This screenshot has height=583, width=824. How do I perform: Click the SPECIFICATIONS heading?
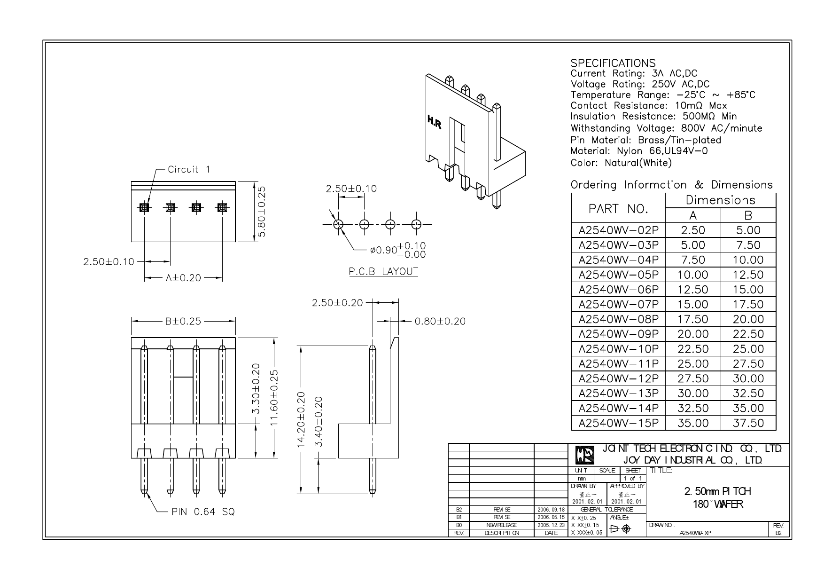click(x=613, y=63)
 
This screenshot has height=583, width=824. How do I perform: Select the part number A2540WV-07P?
click(x=618, y=304)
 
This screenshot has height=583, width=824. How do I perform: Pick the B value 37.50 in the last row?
click(x=748, y=423)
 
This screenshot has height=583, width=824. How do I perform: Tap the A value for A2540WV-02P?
click(x=693, y=230)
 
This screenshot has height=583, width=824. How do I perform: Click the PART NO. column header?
click(x=618, y=209)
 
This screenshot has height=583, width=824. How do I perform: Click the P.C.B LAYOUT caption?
click(x=383, y=272)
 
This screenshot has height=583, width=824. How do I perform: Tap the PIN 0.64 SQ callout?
click(x=203, y=512)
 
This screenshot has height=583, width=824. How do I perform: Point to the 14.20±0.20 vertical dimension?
click(x=302, y=419)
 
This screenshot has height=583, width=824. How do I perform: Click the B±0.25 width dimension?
click(x=183, y=322)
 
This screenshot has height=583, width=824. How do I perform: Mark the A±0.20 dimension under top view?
click(x=183, y=278)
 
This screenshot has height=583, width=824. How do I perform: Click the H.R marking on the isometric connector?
click(x=434, y=123)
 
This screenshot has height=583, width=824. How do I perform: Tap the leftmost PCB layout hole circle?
click(x=338, y=224)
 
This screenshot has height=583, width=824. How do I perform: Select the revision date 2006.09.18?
click(x=551, y=510)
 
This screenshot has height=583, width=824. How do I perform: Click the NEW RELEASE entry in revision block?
click(x=501, y=525)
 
